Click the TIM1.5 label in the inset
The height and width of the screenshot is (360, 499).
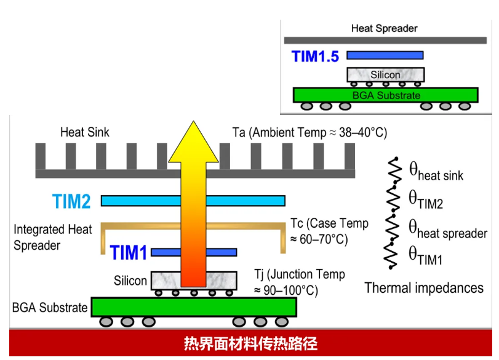point(315,57)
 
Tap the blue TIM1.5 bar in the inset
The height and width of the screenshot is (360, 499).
point(385,55)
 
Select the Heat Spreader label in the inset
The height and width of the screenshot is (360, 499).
point(384,28)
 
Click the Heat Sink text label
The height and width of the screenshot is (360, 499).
point(85,132)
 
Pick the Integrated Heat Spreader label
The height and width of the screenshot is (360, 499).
point(53,237)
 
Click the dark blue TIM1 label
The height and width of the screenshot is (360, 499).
point(129,252)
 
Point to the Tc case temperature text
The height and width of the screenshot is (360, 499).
point(329,230)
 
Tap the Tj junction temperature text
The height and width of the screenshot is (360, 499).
point(299,281)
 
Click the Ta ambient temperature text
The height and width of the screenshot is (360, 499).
point(309,132)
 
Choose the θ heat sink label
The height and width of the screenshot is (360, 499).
point(436,172)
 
